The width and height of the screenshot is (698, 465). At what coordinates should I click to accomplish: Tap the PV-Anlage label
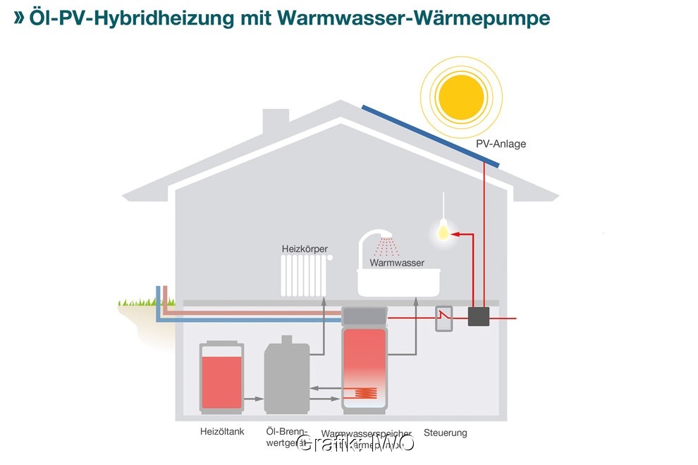501,144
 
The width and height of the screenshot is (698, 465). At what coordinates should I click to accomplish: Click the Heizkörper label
305,249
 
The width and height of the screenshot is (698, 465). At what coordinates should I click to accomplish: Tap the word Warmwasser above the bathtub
398,263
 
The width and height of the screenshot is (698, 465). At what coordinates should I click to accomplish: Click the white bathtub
399,282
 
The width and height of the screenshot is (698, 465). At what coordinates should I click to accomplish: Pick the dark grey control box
479,317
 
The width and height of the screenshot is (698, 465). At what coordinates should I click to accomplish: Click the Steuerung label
445,433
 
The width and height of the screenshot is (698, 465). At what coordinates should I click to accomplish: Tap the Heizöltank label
222,432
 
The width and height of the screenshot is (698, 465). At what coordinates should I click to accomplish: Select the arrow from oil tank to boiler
253,399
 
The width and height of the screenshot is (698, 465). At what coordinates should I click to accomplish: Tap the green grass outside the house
137,302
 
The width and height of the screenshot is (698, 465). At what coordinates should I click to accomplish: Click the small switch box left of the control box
443,318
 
